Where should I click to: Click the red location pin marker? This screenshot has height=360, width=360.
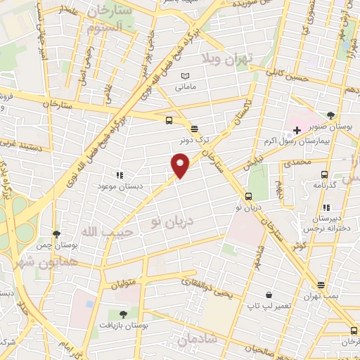(181, 165)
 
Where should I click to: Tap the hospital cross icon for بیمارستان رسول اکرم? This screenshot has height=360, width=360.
(297, 131)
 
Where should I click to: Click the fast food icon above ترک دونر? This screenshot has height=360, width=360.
(195, 128)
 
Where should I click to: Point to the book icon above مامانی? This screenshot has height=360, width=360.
(185, 76)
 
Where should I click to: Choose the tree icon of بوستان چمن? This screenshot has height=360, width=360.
(56, 234)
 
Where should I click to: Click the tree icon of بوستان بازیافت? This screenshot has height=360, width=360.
(124, 314)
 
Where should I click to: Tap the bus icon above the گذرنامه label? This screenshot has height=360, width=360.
(324, 174)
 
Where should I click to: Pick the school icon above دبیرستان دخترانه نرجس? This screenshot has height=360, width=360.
(326, 207)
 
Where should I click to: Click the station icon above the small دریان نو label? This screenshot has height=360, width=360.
(248, 196)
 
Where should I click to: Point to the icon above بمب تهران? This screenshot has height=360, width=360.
(321, 285)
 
